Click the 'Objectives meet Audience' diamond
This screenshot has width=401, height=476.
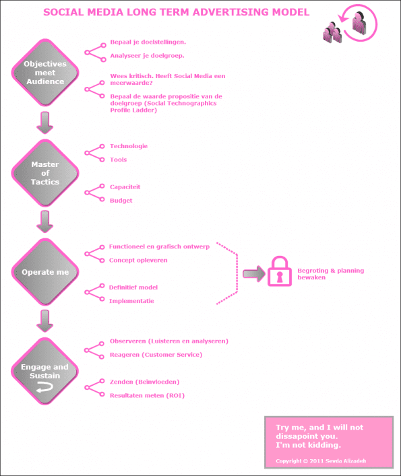[45, 73]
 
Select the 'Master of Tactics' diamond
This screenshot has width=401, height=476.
[45, 173]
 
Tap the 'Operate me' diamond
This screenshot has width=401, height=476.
[45, 272]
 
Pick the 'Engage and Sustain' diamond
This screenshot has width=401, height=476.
[45, 371]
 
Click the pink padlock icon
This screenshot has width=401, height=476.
[280, 271]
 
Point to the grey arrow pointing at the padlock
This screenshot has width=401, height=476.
[254, 274]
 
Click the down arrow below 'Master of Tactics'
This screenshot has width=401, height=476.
[45, 222]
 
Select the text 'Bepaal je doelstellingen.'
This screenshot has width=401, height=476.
[148, 42]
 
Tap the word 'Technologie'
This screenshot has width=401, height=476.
[129, 146]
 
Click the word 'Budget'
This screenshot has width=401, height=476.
[121, 201]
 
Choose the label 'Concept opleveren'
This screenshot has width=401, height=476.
[138, 260]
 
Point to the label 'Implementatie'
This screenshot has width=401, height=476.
[131, 301]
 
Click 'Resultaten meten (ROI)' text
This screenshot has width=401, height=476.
[147, 396]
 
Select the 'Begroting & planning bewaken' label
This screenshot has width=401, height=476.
[330, 274]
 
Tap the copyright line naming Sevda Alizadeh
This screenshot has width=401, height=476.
[321, 461]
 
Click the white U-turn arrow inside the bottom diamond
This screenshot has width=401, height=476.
[44, 387]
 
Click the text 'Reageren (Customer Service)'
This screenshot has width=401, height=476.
[156, 355]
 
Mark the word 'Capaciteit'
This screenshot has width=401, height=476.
[125, 187]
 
